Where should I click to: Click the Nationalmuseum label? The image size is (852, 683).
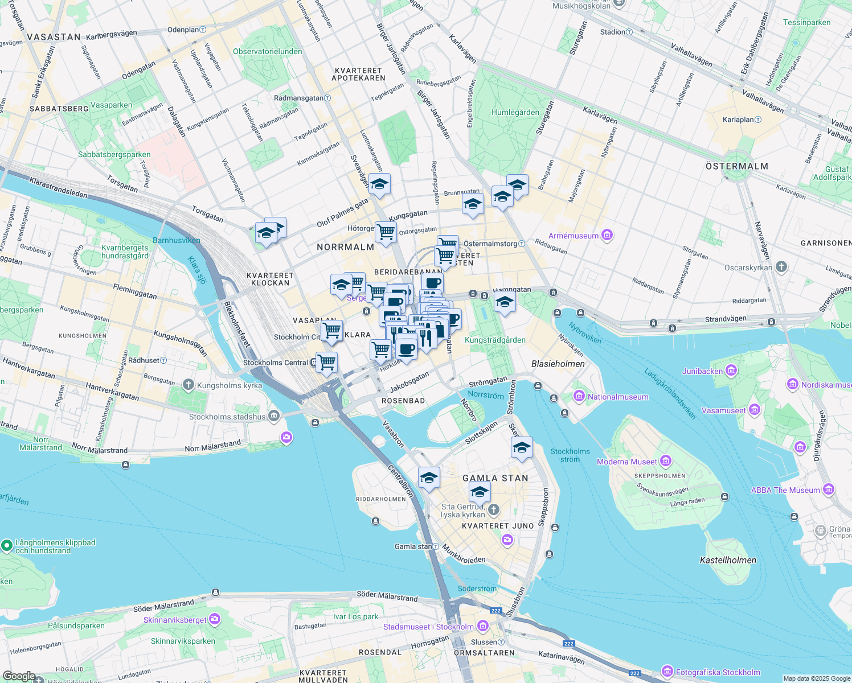(617, 397)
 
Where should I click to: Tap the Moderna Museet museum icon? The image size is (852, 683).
(665, 461)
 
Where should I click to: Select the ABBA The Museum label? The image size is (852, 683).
(785, 490)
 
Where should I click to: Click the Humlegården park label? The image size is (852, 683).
(515, 112)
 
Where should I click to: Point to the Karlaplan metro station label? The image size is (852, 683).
(738, 120)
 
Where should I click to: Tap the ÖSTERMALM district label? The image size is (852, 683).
(737, 166)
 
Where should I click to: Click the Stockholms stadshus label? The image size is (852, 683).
(227, 417)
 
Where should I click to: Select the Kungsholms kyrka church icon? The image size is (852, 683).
(189, 385)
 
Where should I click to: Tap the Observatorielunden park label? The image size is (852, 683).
(268, 51)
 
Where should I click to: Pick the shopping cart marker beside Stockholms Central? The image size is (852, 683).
(327, 361)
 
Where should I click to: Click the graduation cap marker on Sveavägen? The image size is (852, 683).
(379, 184)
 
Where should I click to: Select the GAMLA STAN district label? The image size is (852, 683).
(495, 478)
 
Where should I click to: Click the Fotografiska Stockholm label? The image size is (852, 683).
(718, 672)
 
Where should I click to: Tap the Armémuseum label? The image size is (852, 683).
(574, 236)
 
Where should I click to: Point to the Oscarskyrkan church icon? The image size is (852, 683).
(781, 266)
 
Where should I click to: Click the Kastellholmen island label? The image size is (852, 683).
(728, 560)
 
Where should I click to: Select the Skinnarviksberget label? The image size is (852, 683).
(175, 620)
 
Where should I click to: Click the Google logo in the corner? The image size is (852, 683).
(19, 676)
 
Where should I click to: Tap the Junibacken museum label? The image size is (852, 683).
(702, 371)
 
